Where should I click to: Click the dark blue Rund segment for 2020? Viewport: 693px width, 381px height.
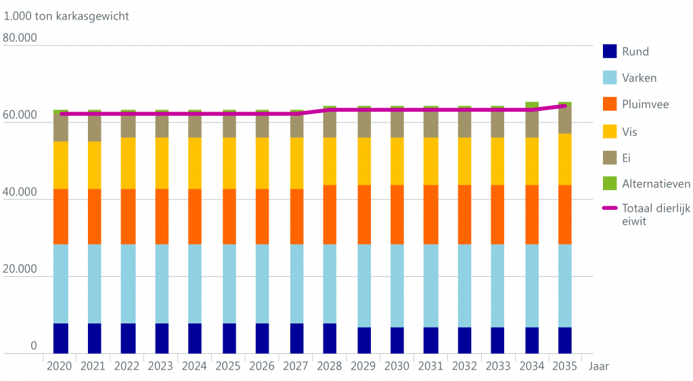coord(61,338)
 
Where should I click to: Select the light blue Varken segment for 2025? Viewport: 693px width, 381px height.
coord(229,284)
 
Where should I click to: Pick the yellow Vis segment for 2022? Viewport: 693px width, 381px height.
coord(128,163)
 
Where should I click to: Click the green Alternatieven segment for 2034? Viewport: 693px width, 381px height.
coord(532,105)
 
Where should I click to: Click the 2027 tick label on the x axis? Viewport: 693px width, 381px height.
coord(296,367)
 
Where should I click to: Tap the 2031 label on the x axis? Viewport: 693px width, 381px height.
coord(431,367)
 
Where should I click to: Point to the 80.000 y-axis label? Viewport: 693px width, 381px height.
coord(20,38)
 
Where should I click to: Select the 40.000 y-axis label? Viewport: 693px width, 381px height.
coord(20,192)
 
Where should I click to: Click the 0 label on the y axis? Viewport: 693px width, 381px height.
coord(33,346)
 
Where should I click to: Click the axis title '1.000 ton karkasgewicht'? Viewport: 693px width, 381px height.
coord(66,16)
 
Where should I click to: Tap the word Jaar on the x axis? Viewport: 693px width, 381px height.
coord(599,367)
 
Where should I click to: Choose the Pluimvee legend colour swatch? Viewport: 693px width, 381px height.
coord(610,104)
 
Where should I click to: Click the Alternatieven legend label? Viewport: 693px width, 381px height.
coord(656,184)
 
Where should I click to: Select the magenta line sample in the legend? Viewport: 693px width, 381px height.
coord(610,210)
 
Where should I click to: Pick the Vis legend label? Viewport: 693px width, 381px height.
coord(629,131)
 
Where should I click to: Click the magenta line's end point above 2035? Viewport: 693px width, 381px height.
coord(565,106)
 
